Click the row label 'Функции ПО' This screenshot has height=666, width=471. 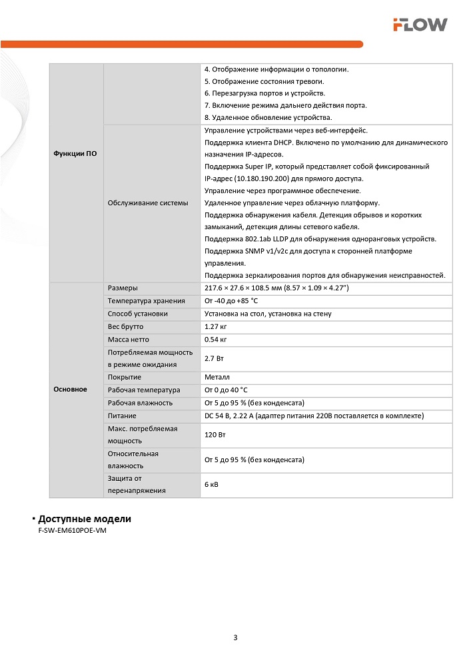(75, 154)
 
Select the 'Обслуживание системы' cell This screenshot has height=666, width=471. (148, 202)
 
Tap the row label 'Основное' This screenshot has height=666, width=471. (70, 389)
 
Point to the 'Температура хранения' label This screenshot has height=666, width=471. (147, 301)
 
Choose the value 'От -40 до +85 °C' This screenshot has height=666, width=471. (231, 301)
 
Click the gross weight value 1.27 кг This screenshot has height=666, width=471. (217, 326)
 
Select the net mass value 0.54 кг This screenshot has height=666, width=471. (217, 339)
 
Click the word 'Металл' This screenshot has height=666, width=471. (217, 377)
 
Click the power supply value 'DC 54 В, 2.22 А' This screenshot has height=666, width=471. (236, 416)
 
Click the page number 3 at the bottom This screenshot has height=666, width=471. (235, 637)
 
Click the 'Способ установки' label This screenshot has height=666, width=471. (138, 314)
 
